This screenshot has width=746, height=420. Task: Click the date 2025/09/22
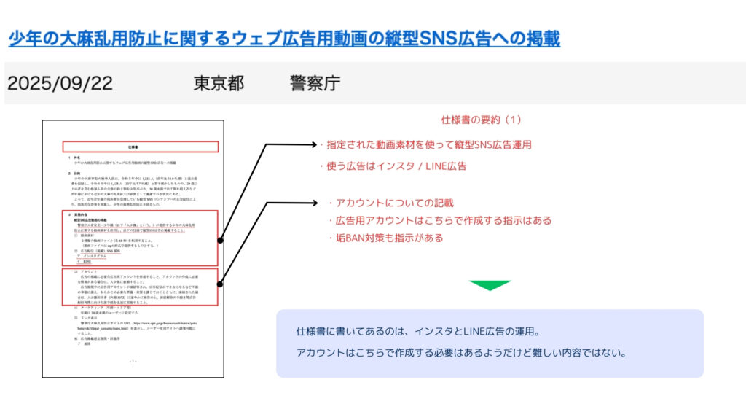pyautogui.click(x=60, y=83)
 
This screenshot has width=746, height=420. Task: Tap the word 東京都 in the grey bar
pyautogui.click(x=219, y=83)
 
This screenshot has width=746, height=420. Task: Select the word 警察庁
pyautogui.click(x=315, y=83)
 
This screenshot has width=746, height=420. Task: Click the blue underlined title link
pyautogui.click(x=284, y=38)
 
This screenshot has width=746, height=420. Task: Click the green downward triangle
pyautogui.click(x=490, y=285)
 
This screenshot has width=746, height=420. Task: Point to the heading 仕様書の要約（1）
pyautogui.click(x=482, y=120)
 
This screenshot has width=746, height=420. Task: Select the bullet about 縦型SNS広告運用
pyautogui.click(x=425, y=144)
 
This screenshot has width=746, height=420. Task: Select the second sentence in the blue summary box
pyautogui.click(x=462, y=353)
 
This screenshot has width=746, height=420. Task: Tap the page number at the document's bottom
pyautogui.click(x=133, y=361)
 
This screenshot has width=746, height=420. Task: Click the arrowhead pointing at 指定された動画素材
pyautogui.click(x=309, y=144)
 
